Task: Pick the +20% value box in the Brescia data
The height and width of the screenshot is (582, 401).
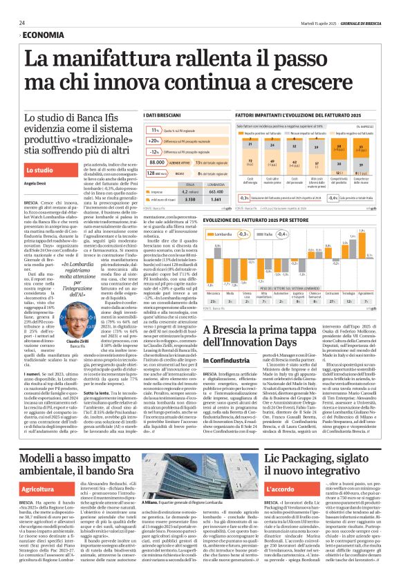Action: click(x=154, y=140)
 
